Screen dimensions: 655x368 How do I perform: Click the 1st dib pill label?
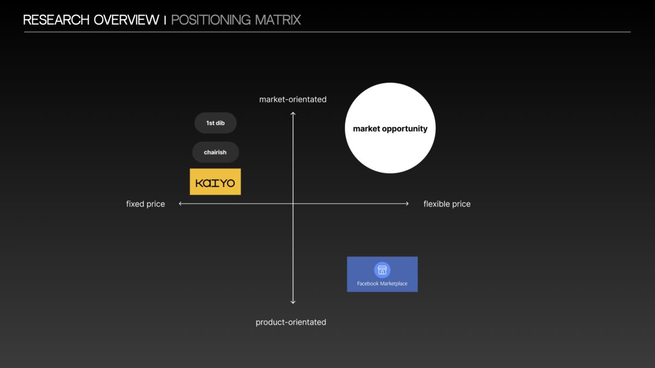216,123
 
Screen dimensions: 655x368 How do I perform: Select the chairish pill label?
216,152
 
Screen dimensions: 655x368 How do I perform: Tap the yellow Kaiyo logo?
215,182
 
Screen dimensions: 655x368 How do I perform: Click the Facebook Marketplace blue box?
382,274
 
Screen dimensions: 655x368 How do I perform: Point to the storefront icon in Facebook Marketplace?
382,270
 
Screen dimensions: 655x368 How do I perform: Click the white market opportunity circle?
390,128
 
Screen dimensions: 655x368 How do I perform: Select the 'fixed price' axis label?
145,204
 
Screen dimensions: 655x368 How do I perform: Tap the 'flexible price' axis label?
447,204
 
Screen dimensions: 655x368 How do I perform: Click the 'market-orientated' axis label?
293,100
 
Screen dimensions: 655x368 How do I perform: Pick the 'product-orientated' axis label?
290,322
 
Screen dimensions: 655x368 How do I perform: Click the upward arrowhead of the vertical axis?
293,113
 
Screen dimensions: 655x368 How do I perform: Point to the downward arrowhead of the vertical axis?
293,303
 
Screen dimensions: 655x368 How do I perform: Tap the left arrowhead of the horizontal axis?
180,203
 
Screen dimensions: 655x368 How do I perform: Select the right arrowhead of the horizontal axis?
408,203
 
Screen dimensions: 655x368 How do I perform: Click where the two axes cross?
293,203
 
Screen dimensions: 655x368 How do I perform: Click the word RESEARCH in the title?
56,20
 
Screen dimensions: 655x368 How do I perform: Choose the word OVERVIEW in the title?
126,20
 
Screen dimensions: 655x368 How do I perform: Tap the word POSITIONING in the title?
211,20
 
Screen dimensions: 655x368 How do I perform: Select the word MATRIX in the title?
278,20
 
